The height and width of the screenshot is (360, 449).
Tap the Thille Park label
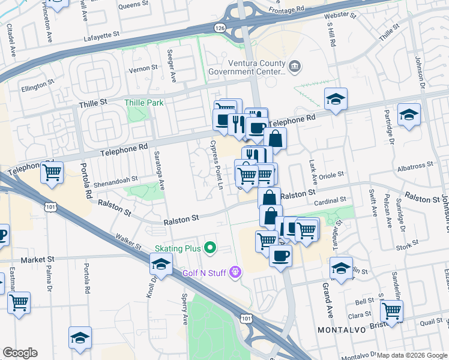(144, 103)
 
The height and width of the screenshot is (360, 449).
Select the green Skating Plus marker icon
(209, 247)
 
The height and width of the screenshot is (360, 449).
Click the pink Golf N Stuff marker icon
(235, 272)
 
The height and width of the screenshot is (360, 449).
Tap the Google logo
(20, 353)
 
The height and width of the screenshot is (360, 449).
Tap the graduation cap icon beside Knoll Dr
(161, 263)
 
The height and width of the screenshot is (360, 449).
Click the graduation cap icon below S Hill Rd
(336, 98)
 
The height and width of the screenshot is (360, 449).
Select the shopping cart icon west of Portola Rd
(52, 172)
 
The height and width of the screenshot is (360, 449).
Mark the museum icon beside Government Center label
(294, 65)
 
